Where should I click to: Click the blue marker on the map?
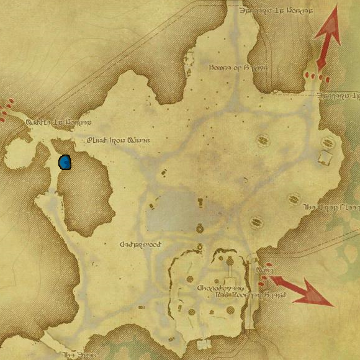[65, 163]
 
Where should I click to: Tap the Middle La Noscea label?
[58, 122]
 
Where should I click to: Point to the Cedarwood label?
[140, 245]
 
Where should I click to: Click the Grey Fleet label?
[329, 207]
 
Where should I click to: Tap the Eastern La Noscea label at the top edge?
[276, 11]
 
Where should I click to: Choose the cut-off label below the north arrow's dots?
[338, 96]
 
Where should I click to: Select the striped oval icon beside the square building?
[326, 142]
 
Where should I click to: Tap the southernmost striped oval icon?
[254, 222]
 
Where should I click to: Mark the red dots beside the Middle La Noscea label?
[6, 109]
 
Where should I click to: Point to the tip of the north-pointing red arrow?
[336, 7]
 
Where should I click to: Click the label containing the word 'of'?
[238, 68]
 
